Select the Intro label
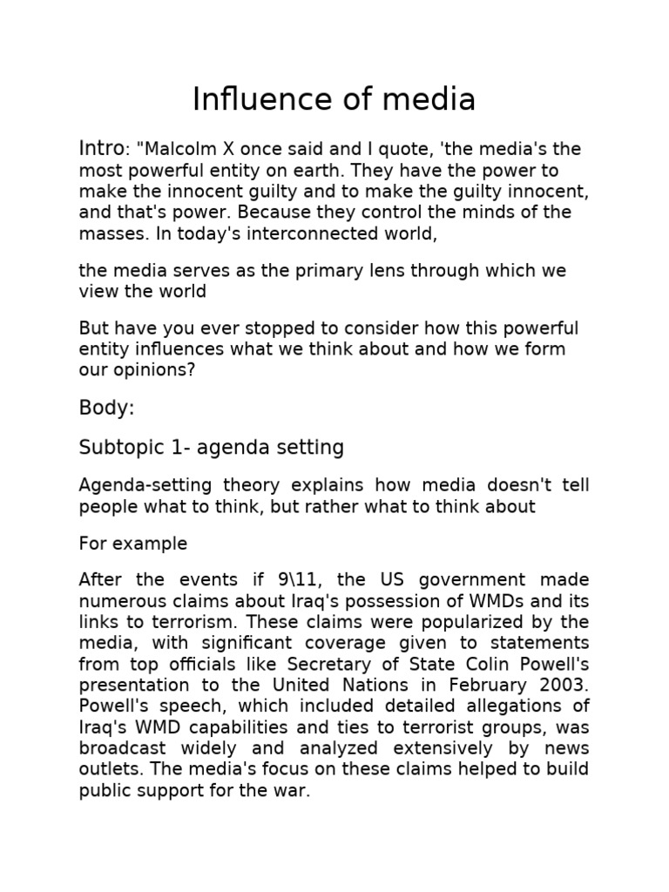coord(102,149)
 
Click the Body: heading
coord(107,408)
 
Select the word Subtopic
coord(117,448)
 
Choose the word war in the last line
coord(294,791)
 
